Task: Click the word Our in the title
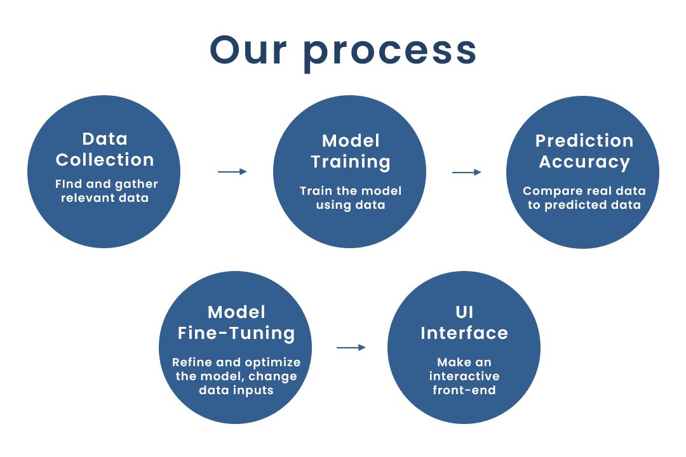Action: pos(248,50)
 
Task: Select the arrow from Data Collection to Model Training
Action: pos(232,171)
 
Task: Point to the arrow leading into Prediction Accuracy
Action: pos(467,172)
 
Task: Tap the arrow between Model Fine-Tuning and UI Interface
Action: pos(351,347)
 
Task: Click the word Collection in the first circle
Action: pos(105,159)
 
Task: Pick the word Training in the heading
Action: pos(351,162)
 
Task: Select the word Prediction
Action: pos(584,141)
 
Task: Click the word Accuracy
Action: pos(584,162)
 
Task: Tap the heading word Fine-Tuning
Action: pos(236,334)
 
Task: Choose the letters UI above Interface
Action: pos(464,312)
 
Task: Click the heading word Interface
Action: pos(464,333)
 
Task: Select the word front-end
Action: pos(464,390)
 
